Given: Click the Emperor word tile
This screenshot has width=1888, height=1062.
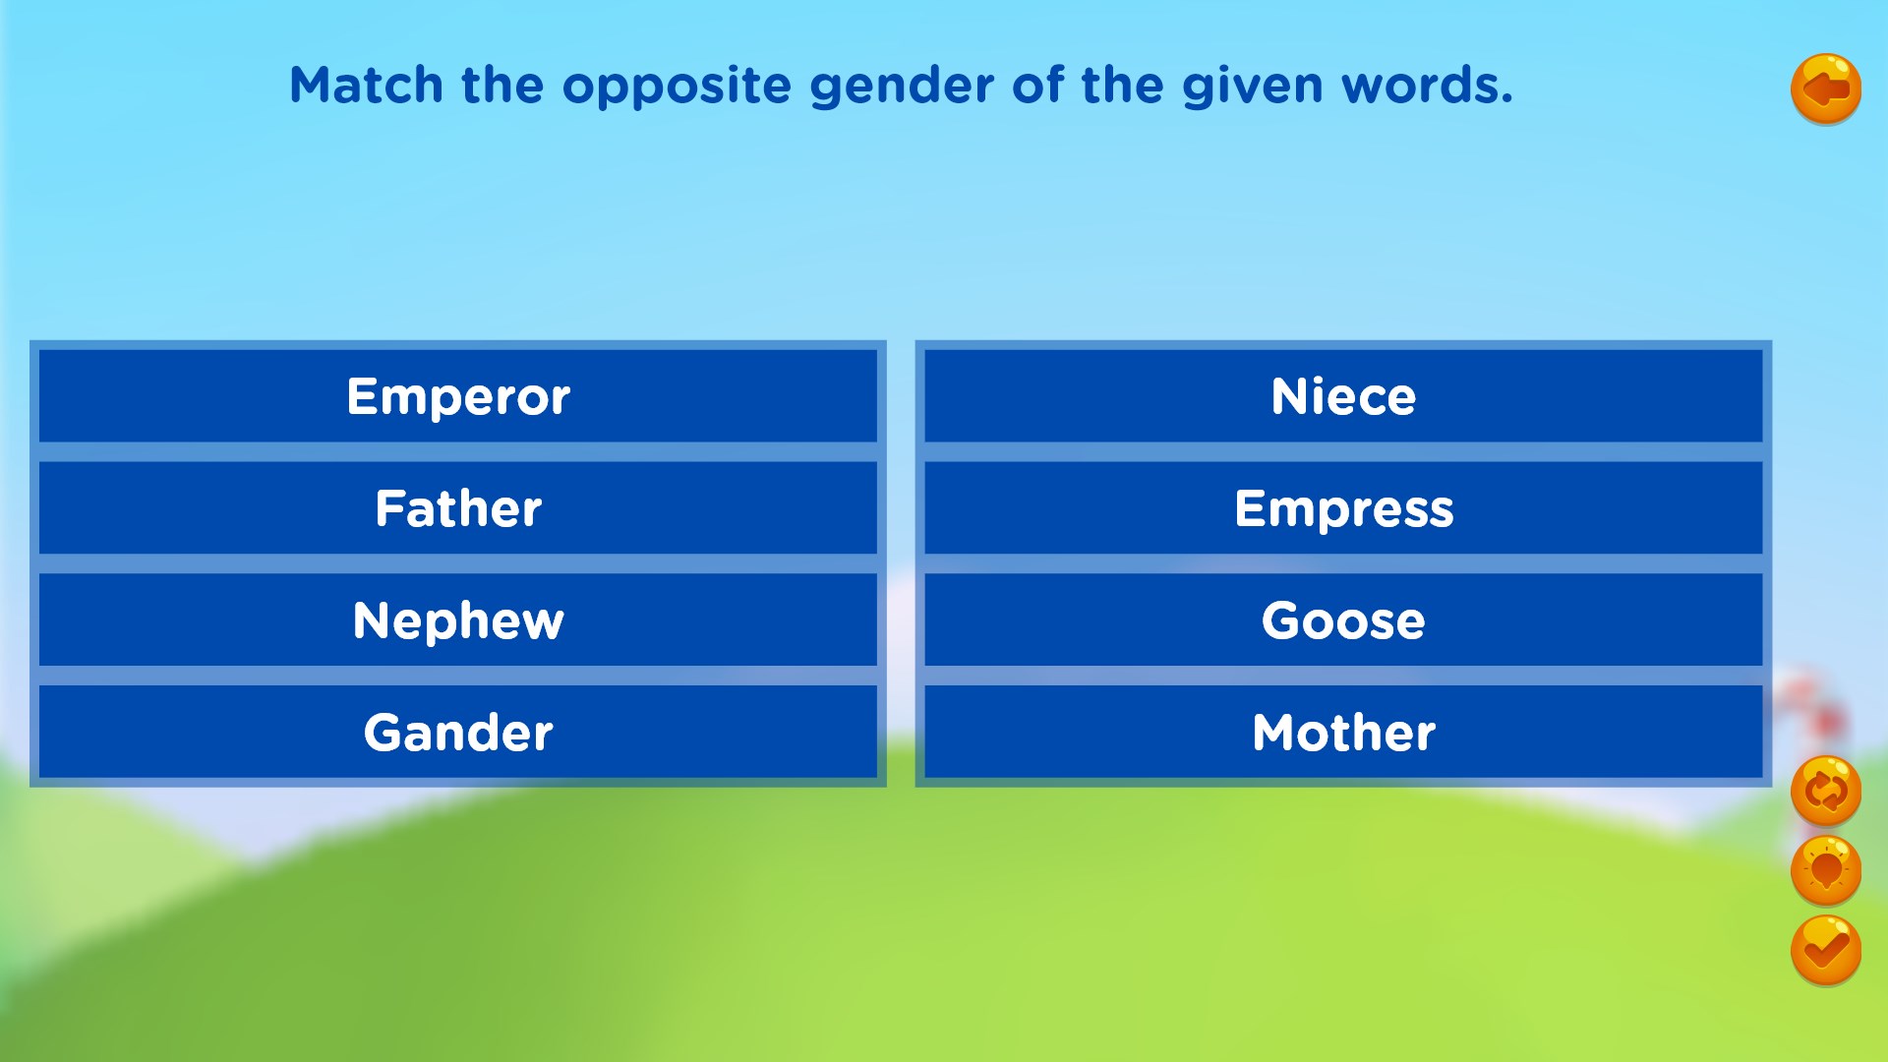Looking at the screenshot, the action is [x=458, y=396].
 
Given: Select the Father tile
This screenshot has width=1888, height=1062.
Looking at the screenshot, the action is [x=458, y=508].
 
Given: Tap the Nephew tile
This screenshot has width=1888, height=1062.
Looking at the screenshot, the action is [x=458, y=620].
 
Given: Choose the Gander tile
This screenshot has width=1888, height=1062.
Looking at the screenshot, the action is [x=458, y=733].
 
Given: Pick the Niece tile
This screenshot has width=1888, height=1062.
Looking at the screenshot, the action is [x=1343, y=396].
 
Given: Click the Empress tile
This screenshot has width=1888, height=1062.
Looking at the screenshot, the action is [x=1343, y=508].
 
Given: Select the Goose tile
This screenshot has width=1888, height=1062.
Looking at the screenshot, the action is [x=1343, y=620].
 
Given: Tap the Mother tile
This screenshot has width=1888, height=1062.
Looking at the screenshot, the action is [x=1343, y=733].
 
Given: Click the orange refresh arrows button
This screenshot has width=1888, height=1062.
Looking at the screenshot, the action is [x=1826, y=791].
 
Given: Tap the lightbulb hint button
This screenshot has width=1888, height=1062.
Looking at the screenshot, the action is [x=1826, y=870].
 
